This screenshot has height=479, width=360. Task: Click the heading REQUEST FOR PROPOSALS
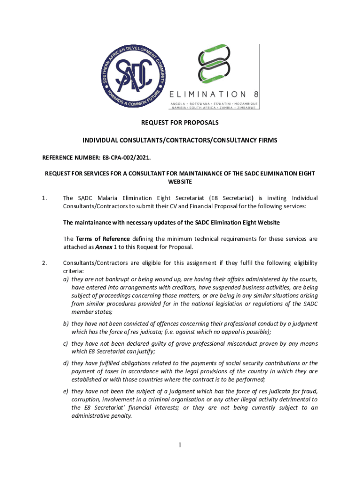pos(180,123)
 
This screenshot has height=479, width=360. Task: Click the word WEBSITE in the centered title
pos(180,181)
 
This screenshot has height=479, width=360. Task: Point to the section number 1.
pos(44,198)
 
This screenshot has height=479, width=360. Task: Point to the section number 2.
pos(44,262)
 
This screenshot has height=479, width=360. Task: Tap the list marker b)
pos(66,323)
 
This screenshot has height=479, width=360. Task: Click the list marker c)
pos(66,344)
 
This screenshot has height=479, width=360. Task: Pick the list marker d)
pos(66,363)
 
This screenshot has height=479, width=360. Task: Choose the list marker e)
pos(66,391)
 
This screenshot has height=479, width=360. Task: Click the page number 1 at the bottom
pos(180,445)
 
